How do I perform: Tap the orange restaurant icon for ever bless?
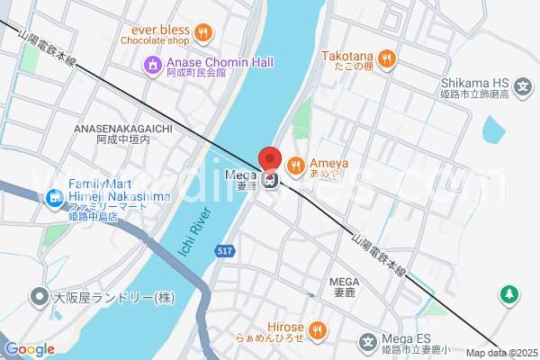pos(204,34)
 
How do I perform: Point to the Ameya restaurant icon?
pos(295,165)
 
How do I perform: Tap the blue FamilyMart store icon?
pos(55,196)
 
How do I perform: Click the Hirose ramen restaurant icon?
pos(317,331)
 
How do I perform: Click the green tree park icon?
pos(509,294)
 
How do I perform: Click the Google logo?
pos(30,349)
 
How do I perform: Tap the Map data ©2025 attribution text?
pos(501,353)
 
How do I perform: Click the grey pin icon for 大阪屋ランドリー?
pos(39,295)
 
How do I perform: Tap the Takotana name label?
pos(346,56)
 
